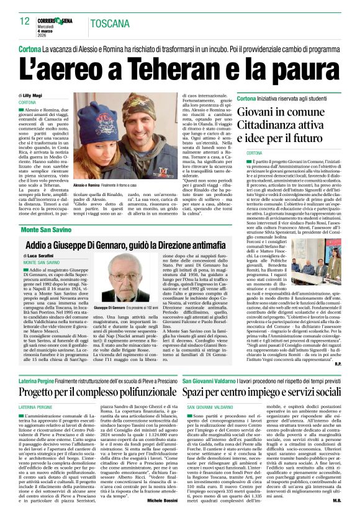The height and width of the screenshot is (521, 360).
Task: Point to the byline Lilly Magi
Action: pyautogui.click(x=35, y=94)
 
